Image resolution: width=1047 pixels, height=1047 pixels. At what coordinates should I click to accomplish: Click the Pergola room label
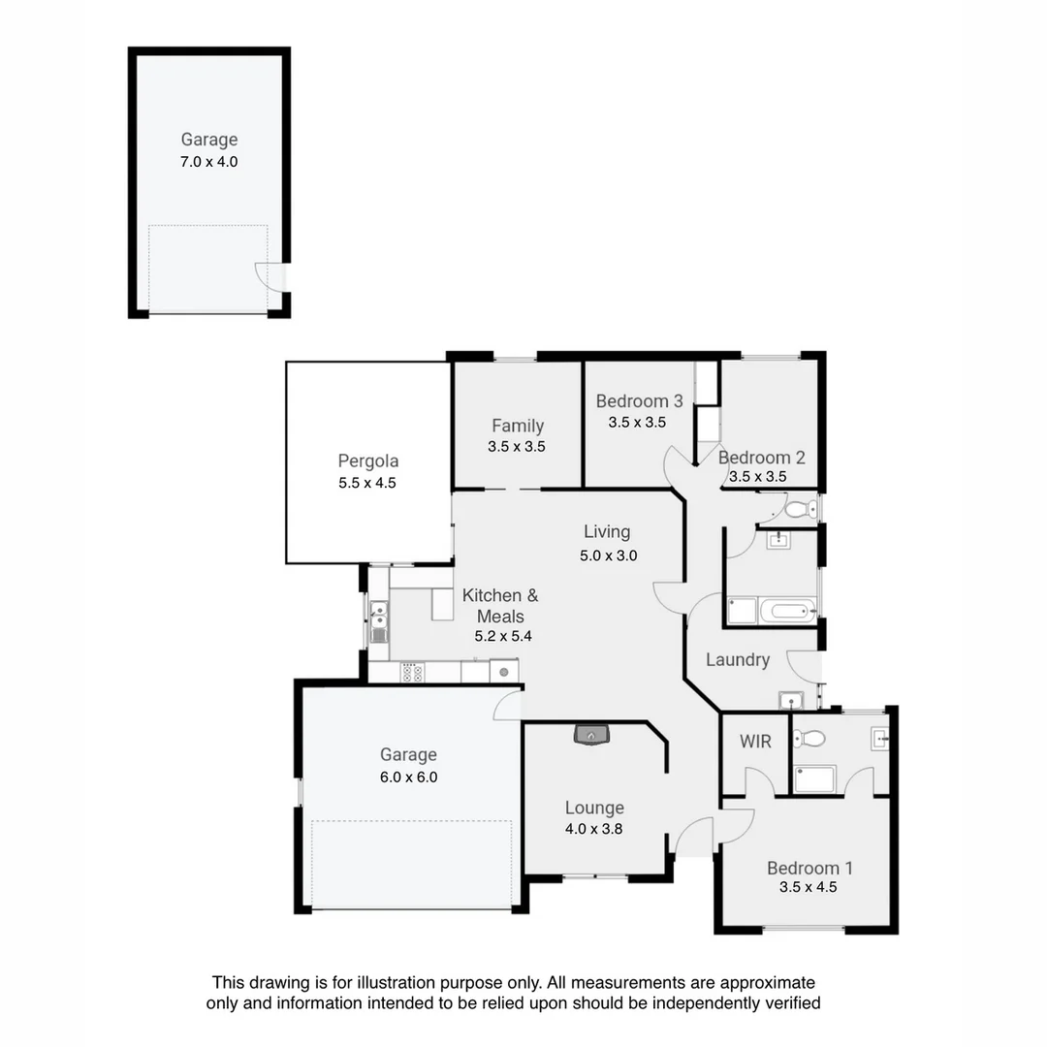point(367,461)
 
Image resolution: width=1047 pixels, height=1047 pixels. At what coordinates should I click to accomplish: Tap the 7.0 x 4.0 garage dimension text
point(208,162)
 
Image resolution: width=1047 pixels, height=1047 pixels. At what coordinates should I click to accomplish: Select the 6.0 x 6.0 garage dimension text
point(408,777)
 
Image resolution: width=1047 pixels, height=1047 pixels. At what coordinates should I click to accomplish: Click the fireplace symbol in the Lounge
point(591,734)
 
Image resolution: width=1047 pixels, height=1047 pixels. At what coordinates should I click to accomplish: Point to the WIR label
point(755,742)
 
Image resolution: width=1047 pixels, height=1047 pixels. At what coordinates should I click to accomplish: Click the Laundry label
point(737,660)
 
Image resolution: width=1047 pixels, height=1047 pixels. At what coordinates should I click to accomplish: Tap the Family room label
point(517,426)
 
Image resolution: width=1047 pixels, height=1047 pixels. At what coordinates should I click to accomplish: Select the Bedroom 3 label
point(639,401)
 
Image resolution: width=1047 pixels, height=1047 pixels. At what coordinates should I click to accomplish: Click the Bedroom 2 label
point(761,458)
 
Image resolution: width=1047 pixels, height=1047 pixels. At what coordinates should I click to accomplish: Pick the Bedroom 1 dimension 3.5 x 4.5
point(808,887)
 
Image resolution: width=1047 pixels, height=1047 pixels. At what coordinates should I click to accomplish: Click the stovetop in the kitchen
point(412,672)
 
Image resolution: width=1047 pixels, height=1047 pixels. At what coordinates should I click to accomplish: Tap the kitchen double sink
point(378,616)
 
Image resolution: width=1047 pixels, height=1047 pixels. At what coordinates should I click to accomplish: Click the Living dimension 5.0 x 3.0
point(607,556)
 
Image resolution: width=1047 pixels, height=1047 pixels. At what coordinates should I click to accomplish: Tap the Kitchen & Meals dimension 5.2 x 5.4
point(503,637)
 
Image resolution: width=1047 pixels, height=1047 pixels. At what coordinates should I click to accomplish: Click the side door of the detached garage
point(271,277)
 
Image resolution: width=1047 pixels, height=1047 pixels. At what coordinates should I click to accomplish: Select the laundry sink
point(791,698)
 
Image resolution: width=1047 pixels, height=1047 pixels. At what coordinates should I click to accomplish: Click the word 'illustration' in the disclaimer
point(460,983)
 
